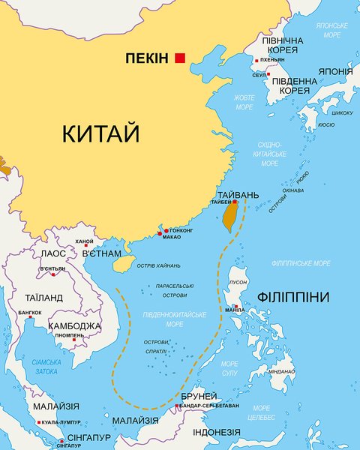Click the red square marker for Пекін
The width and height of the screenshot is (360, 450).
pyautogui.click(x=180, y=58)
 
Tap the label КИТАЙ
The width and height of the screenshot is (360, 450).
pyautogui.click(x=101, y=135)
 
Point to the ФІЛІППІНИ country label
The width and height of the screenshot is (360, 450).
pyautogui.click(x=292, y=298)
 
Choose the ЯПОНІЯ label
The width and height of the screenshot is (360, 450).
pyautogui.click(x=334, y=72)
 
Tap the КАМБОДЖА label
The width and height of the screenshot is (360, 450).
pyautogui.click(x=74, y=326)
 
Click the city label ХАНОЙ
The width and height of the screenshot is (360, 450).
pyautogui.click(x=85, y=241)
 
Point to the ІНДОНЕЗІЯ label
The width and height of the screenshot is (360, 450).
pyautogui.click(x=217, y=433)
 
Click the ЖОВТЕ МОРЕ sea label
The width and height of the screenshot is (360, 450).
pyautogui.click(x=244, y=102)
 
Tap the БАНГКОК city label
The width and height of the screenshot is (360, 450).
pyautogui.click(x=29, y=312)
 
